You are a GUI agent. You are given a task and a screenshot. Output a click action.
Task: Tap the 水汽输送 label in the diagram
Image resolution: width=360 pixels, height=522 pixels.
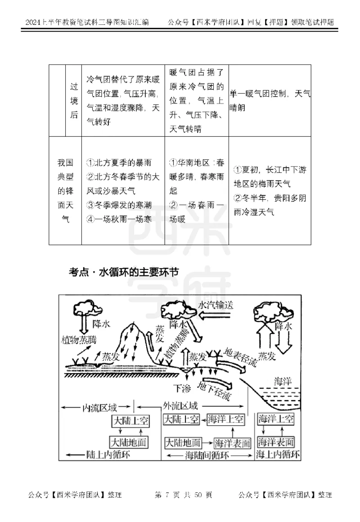(216, 305)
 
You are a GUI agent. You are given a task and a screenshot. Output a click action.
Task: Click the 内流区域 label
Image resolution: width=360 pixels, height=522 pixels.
(99, 407)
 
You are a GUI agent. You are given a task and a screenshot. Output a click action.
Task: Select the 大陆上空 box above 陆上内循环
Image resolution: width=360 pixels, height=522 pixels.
(130, 422)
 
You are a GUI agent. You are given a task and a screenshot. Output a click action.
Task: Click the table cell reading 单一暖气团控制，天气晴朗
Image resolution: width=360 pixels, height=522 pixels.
(270, 101)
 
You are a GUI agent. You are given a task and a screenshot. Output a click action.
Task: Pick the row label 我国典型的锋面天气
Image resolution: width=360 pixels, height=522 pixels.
(65, 191)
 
